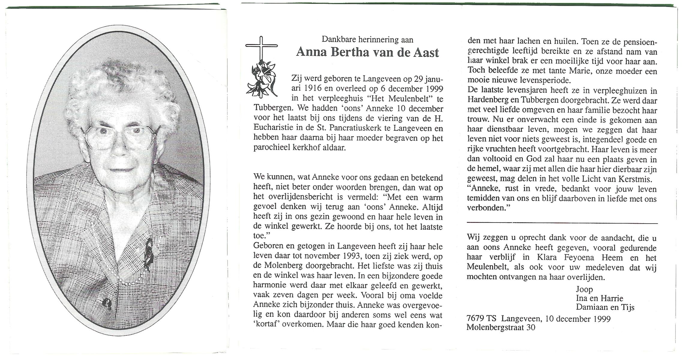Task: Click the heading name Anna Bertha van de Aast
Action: pos(367,52)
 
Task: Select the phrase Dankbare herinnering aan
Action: pos(367,39)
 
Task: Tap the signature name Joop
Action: pos(584,289)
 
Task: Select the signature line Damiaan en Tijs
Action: pos(605,307)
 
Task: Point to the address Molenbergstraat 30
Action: pos(501,328)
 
